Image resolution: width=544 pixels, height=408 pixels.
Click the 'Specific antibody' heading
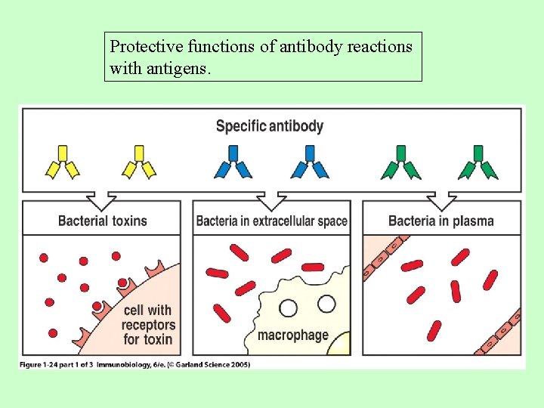(x=270, y=126)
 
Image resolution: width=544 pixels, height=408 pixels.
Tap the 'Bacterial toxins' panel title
(x=103, y=221)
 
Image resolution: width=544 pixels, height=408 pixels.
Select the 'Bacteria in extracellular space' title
(x=272, y=221)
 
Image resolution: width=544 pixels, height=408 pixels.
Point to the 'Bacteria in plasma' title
(x=441, y=221)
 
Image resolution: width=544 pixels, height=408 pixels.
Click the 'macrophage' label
(x=293, y=335)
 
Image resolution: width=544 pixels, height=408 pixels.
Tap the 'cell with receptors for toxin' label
(x=149, y=324)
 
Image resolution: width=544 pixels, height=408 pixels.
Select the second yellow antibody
(x=139, y=162)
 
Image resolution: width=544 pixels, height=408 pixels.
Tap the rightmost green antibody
(x=478, y=162)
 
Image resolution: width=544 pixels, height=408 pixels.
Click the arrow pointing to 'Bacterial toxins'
(x=102, y=200)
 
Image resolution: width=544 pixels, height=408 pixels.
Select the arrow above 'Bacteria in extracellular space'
(x=272, y=200)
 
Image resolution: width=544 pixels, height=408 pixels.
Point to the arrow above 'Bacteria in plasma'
(x=441, y=200)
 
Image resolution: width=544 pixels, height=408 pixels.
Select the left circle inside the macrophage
(x=288, y=308)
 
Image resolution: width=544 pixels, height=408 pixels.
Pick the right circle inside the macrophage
(x=326, y=304)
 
